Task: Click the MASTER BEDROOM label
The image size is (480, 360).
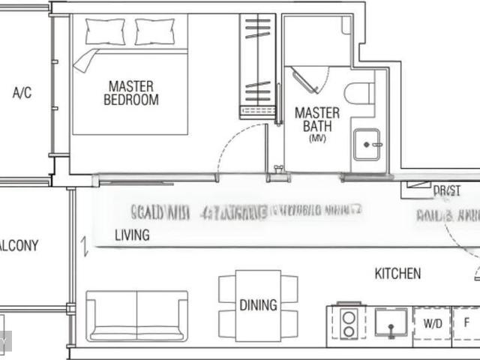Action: coord(131,92)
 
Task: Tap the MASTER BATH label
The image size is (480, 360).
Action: coord(316,119)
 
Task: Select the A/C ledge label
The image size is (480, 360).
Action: coord(22,93)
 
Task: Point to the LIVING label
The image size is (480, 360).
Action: coord(132,235)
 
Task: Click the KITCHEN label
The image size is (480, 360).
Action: coord(397,274)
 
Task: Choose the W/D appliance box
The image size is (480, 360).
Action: coord(432,323)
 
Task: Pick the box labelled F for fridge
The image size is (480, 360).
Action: coord(466,323)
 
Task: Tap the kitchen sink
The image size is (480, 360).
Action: coord(391,323)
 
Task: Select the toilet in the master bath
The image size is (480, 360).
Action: coord(359,94)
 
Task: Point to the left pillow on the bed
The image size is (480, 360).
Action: coord(105,31)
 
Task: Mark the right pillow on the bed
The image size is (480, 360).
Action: coord(154,31)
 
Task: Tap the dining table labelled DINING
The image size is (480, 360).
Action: coord(258,305)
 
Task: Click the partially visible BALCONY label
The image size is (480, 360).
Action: coord(19,245)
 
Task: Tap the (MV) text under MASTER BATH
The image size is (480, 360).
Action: coord(317,139)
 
